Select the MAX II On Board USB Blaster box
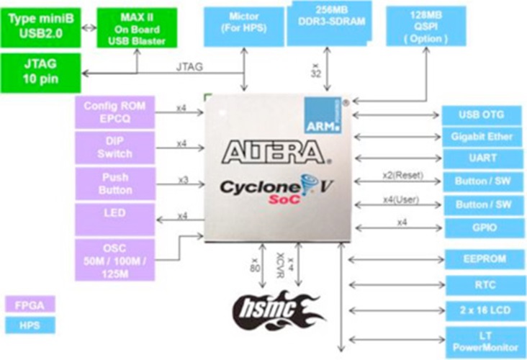136,28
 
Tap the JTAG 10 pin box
41,71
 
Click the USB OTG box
481,114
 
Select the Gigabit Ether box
481,135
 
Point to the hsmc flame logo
276,308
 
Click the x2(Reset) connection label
402,175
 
